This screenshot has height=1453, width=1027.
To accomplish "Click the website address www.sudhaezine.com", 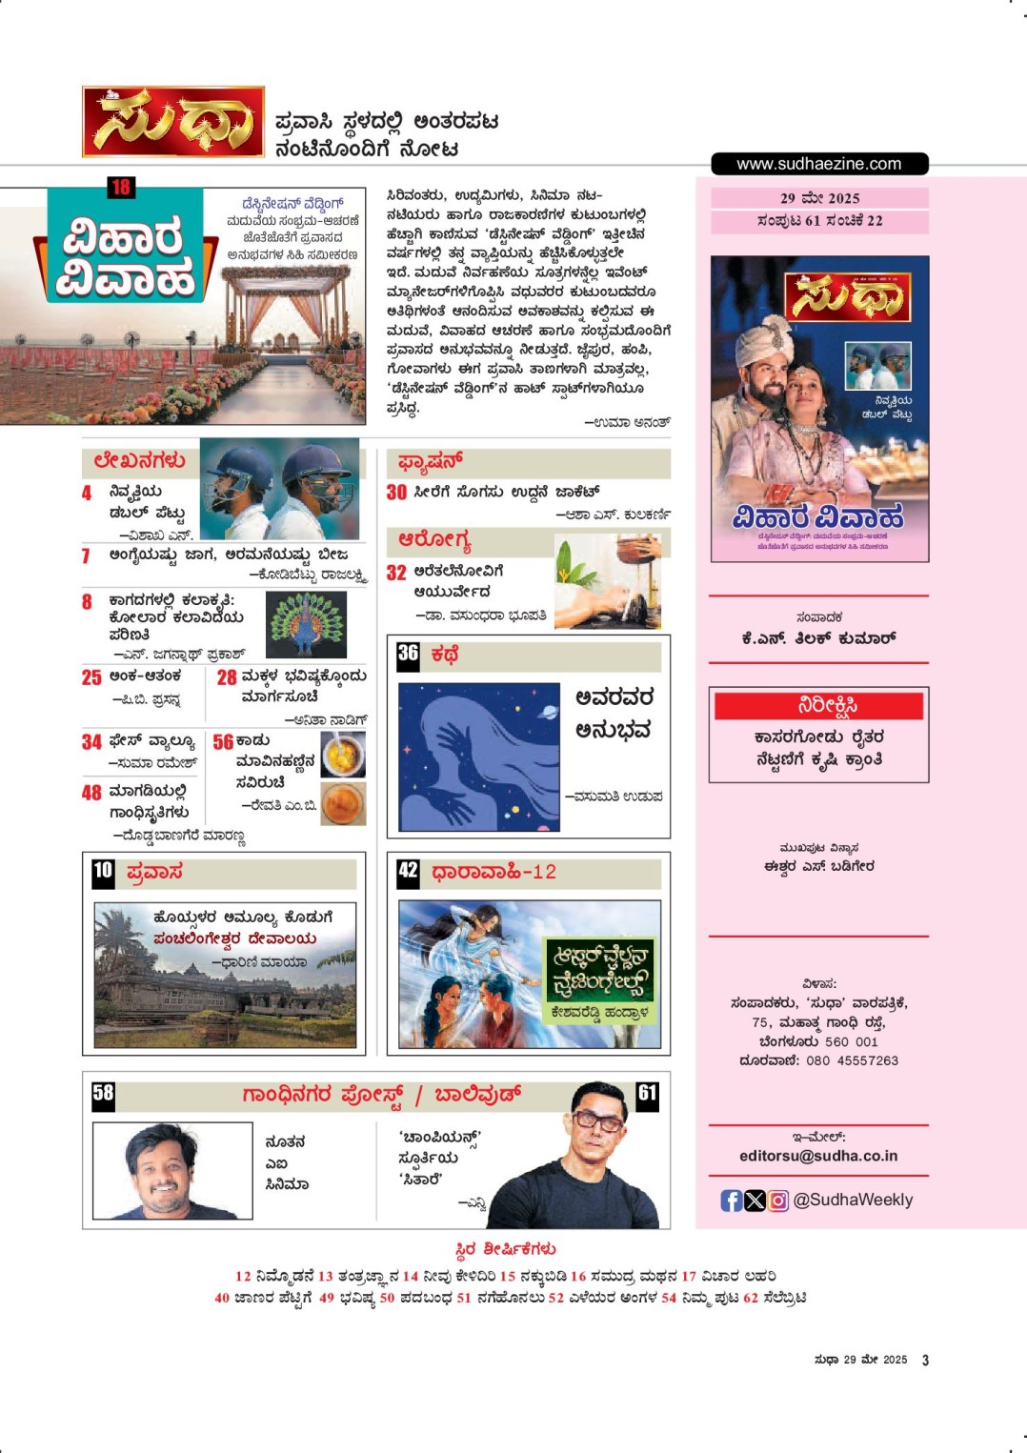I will coord(818,164).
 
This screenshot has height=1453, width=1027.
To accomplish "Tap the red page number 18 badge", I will coord(120,187).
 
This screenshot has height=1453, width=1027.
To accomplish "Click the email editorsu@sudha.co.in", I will coord(818,1156).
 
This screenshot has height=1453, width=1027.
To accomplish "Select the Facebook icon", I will coord(731,1201).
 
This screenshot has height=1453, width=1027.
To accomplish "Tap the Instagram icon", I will coord(778,1201).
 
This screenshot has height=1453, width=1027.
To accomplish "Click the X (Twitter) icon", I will coord(755,1201).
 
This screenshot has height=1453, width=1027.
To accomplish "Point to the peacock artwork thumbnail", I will coord(306,625).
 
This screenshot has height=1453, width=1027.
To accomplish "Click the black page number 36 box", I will coord(408,654).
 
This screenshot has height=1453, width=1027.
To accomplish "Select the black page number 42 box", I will coord(408,871).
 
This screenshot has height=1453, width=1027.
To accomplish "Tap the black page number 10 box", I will coord(103,871).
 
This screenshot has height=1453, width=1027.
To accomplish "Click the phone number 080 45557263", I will coord(852,1060).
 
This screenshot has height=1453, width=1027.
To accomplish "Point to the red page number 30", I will coord(396,493).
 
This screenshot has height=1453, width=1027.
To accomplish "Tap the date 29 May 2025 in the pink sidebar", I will coord(819,198).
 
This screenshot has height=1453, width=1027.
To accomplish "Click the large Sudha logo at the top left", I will coord(173,122).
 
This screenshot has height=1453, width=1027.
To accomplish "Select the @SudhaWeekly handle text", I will coord(853,1201).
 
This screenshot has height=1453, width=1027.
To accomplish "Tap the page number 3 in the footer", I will coord(925,1361).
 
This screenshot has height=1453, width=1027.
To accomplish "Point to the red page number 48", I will coord(91,793).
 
